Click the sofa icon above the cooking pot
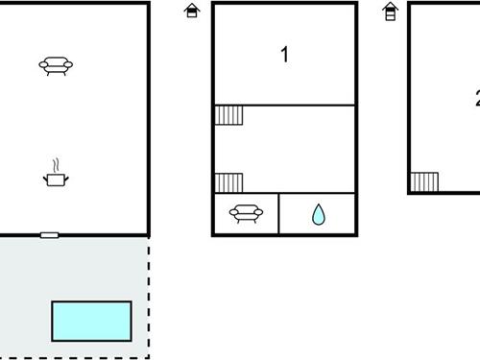click(56, 65)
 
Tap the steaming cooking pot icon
click(57, 178)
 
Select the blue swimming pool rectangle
click(91, 320)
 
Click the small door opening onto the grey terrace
click(49, 235)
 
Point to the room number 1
click(284, 56)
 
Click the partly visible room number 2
click(476, 97)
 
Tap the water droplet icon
click(318, 214)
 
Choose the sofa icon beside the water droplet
click(247, 214)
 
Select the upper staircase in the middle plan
click(228, 115)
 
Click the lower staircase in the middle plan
click(228, 182)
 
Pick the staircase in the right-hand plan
click(424, 182)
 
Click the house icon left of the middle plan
click(192, 12)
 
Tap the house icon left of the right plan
click(390, 12)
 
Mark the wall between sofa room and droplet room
click(278, 214)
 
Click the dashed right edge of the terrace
click(149, 288)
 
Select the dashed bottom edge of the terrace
click(77, 359)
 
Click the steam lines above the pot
click(57, 164)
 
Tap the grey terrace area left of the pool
click(24, 307)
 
